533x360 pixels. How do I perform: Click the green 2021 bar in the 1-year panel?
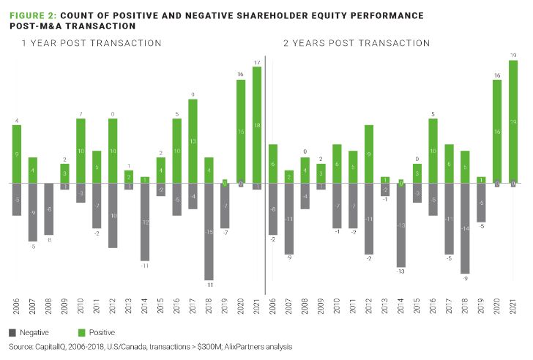click(x=256, y=124)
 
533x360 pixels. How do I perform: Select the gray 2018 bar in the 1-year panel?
click(x=209, y=231)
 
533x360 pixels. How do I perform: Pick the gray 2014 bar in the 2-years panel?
click(x=400, y=225)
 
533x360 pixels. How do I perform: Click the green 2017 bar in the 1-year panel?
click(x=193, y=140)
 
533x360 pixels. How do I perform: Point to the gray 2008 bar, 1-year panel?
click(x=48, y=209)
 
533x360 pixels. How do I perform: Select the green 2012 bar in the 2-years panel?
click(x=368, y=154)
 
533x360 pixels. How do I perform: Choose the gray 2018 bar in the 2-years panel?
click(x=464, y=228)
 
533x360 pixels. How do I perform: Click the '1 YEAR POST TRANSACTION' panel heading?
click(x=91, y=43)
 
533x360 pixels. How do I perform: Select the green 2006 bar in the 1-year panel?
click(x=17, y=154)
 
